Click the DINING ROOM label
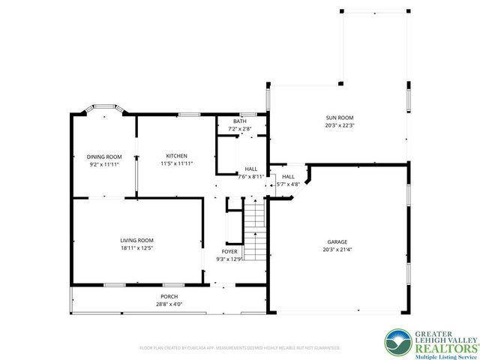coord(104,156)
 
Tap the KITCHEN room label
coord(176,155)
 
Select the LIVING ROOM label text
coord(136,240)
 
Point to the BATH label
coord(239,121)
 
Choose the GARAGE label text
coord(337,241)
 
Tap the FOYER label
coord(229,251)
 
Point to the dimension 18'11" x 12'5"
coord(136,247)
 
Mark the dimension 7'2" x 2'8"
coord(239,129)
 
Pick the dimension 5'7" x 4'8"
coord(288,184)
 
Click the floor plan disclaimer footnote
coord(240,348)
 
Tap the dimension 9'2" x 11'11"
coord(104,163)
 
